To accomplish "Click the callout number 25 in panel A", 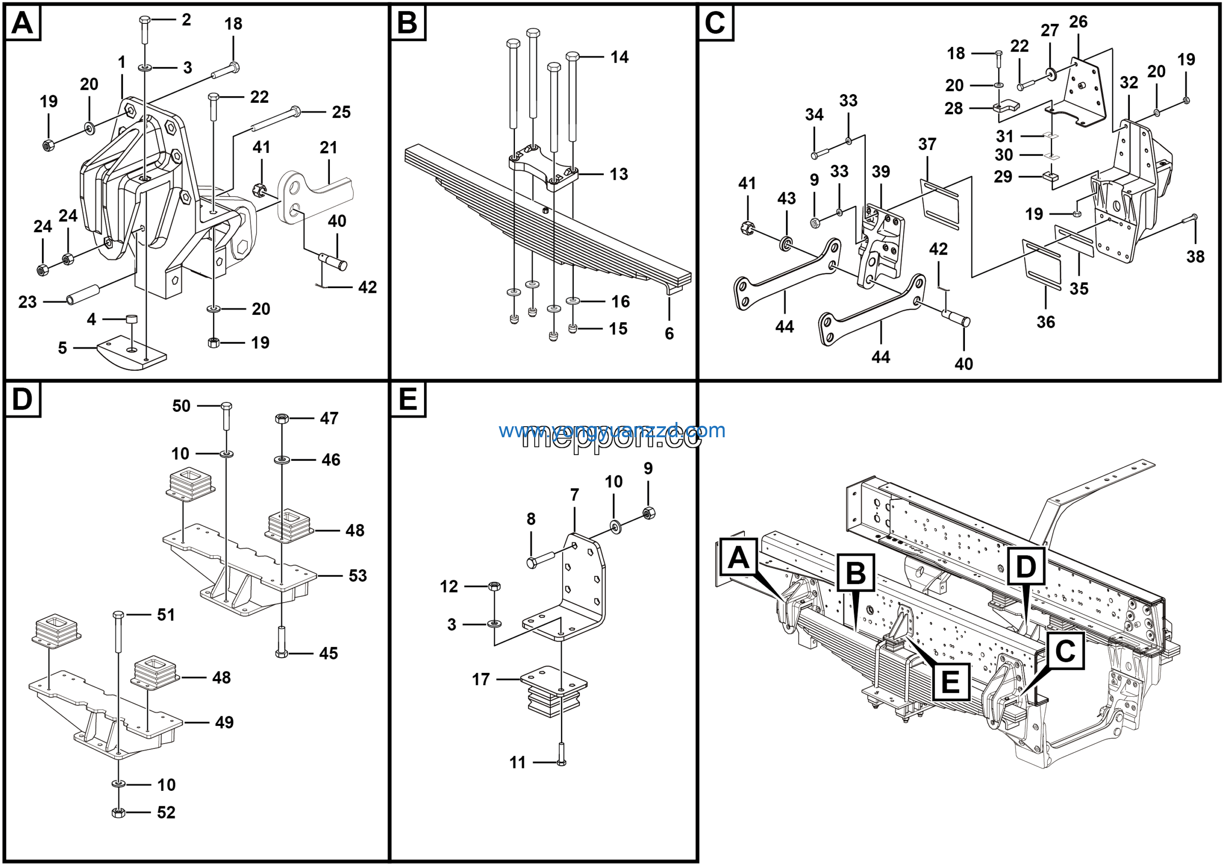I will coord(341,112).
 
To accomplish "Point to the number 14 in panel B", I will coord(620,57).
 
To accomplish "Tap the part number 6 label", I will coord(669,334).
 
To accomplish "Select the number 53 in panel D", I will coord(358,576).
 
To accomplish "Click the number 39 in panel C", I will coord(881,172).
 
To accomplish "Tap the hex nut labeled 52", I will coord(119,812).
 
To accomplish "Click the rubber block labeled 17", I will coord(553,691).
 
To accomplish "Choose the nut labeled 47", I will coord(282,418).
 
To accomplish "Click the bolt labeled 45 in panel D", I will coord(282,642).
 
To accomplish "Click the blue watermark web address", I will coord(612,431).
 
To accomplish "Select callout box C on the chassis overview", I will coord(1065,650).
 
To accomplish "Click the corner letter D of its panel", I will coord(22,399).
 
